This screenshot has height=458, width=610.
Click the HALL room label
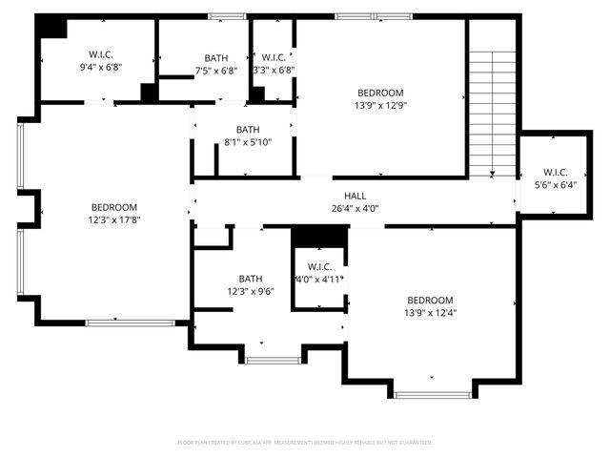click(x=355, y=196)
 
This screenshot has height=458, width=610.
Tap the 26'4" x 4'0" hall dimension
click(x=355, y=208)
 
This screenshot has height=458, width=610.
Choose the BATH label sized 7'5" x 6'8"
click(x=215, y=57)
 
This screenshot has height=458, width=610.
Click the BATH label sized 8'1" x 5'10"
click(x=247, y=130)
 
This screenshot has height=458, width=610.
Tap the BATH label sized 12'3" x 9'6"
click(x=250, y=280)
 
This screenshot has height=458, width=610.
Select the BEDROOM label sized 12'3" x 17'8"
click(x=113, y=207)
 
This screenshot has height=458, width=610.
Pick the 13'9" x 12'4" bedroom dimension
click(x=429, y=312)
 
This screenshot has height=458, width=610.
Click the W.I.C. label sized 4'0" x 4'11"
click(x=318, y=266)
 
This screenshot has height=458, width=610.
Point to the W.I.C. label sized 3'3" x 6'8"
click(x=274, y=57)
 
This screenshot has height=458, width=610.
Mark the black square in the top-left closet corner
click(x=51, y=28)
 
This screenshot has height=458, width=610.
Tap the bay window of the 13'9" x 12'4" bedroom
click(x=433, y=393)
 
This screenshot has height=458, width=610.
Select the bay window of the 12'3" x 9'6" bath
click(x=274, y=360)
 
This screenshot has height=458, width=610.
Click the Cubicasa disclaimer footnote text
click(x=305, y=443)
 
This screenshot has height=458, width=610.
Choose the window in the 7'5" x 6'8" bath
click(x=226, y=16)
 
